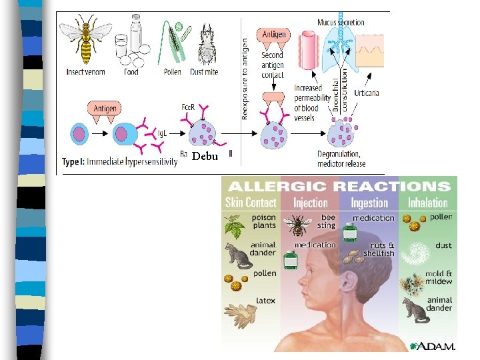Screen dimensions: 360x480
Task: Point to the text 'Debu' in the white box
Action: click(205, 156)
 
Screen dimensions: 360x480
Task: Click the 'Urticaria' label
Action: click(367, 93)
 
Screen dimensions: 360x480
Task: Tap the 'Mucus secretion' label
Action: click(341, 22)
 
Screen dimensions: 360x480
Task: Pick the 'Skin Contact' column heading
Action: click(251, 202)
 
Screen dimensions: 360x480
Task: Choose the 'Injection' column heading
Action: click(310, 203)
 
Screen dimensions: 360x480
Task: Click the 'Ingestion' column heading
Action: click(369, 203)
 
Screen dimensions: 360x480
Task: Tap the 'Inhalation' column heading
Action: click(427, 203)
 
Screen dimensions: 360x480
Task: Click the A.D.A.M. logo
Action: click(433, 345)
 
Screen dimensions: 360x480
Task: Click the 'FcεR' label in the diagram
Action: click(188, 107)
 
